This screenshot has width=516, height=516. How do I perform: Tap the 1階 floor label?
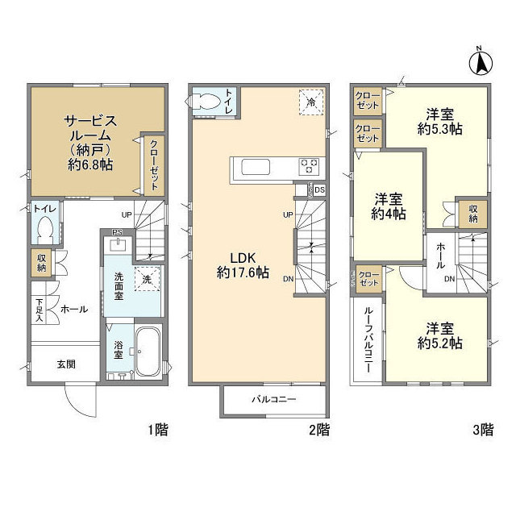tap(158, 430)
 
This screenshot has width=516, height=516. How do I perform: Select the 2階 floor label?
tap(319, 430)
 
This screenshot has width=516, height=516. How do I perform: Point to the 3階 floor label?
tap(483, 430)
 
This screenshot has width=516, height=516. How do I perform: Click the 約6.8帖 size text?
tap(90, 164)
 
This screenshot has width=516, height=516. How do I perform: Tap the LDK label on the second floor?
tap(243, 258)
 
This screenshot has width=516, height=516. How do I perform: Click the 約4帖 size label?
tap(389, 214)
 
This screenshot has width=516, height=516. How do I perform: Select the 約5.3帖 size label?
tap(439, 129)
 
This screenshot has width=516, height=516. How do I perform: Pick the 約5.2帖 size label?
tap(439, 343)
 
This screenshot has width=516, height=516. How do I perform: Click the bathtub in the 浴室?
tap(148, 352)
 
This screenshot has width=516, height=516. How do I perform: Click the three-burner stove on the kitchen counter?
tap(309, 167)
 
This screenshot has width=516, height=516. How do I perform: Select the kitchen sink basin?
tap(256, 167)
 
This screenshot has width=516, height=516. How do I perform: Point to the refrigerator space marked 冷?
tap(311, 102)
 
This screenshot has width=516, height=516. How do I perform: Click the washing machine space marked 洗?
tap(147, 279)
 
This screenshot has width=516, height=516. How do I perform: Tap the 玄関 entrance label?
tap(66, 364)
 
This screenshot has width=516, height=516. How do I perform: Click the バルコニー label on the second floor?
tap(274, 400)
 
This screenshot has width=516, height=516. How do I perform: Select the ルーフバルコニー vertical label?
tap(368, 340)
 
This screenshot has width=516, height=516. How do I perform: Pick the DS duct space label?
tap(319, 190)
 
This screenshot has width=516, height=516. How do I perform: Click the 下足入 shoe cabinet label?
tap(40, 310)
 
